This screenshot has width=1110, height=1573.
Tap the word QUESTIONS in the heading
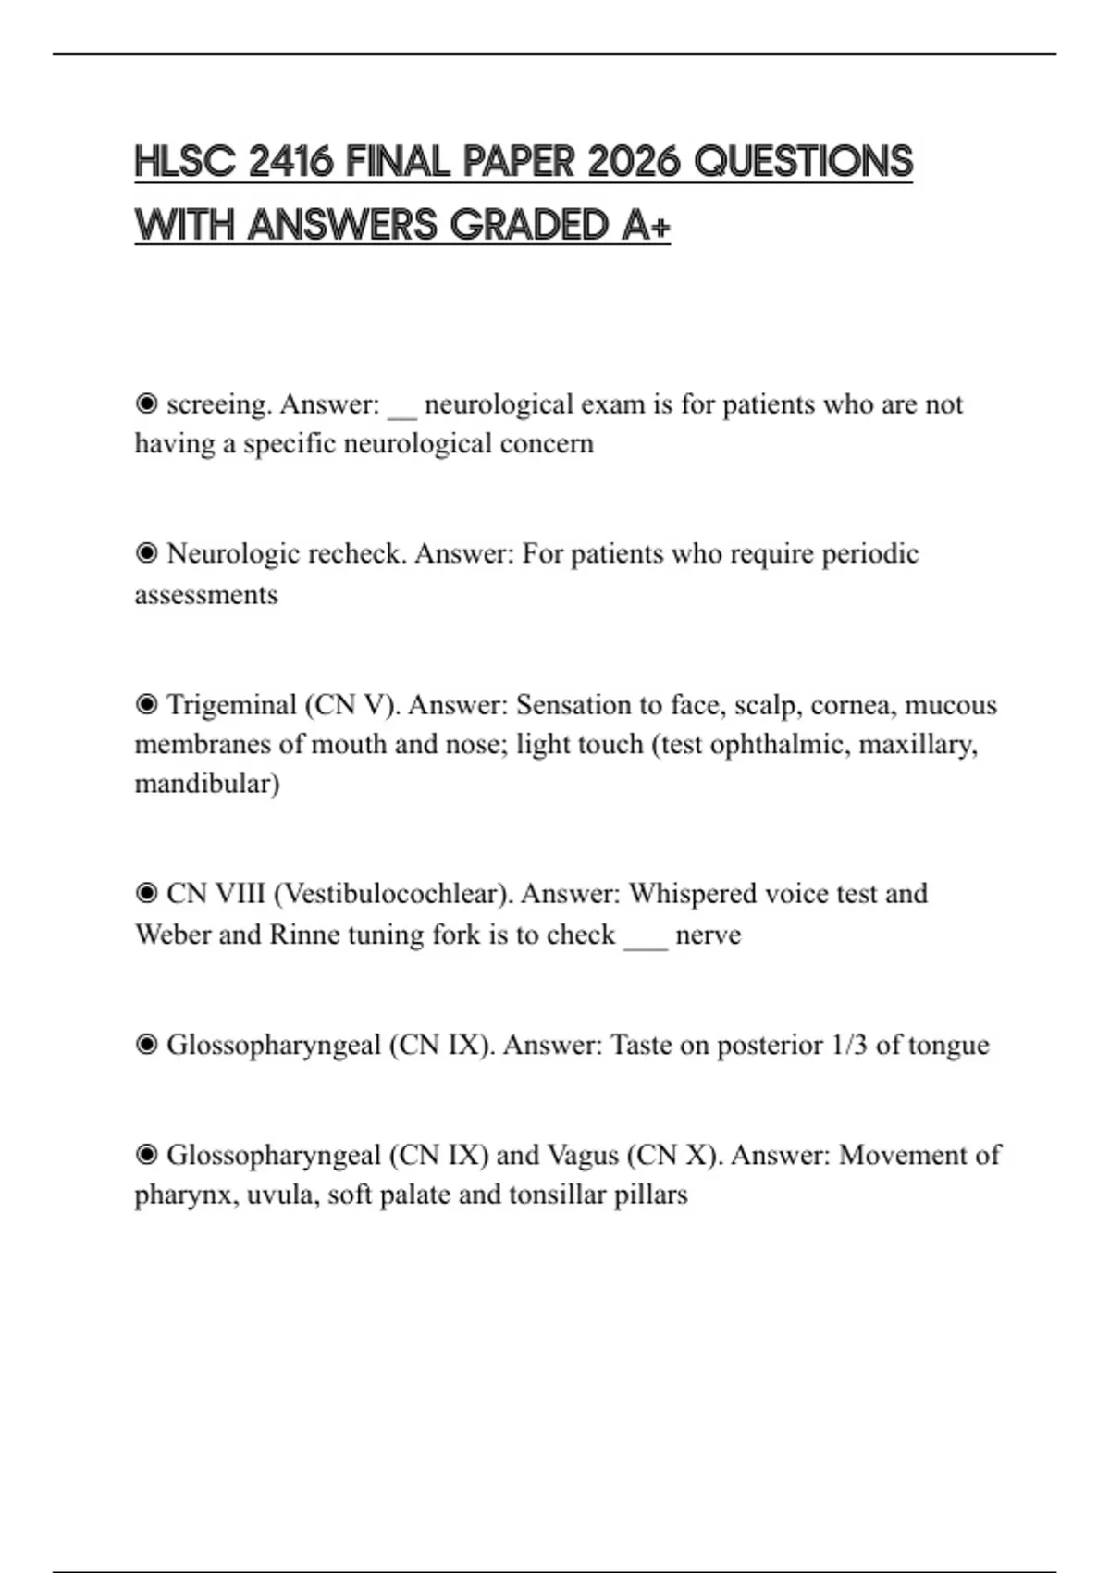point(803,162)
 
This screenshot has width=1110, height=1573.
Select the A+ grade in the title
point(646,225)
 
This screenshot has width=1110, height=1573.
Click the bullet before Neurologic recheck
point(146,553)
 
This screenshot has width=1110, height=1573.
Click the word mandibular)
point(207,784)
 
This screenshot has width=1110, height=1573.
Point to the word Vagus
point(583,1155)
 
